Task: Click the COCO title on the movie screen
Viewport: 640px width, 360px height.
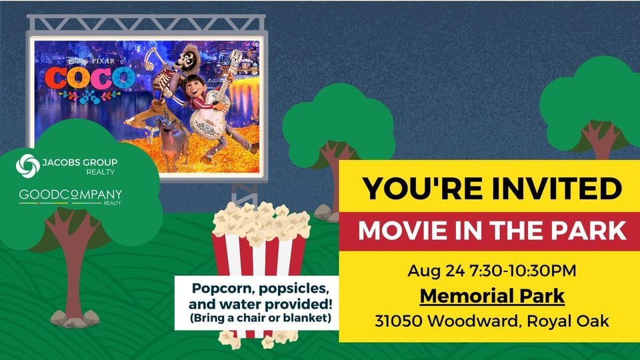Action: (90, 78)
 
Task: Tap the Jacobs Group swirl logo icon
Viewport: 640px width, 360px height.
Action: (28, 166)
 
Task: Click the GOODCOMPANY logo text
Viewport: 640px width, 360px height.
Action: (71, 195)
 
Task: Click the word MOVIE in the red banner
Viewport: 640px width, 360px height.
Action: (404, 231)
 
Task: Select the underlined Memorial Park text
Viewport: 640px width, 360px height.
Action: (492, 296)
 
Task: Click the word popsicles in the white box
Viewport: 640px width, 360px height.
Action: (294, 289)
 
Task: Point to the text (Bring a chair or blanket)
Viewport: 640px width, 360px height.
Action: (261, 318)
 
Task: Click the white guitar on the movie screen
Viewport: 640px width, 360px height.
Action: (212, 106)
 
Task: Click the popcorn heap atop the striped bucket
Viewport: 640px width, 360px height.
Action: (261, 223)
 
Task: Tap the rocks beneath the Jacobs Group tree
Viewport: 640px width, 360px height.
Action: (75, 319)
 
